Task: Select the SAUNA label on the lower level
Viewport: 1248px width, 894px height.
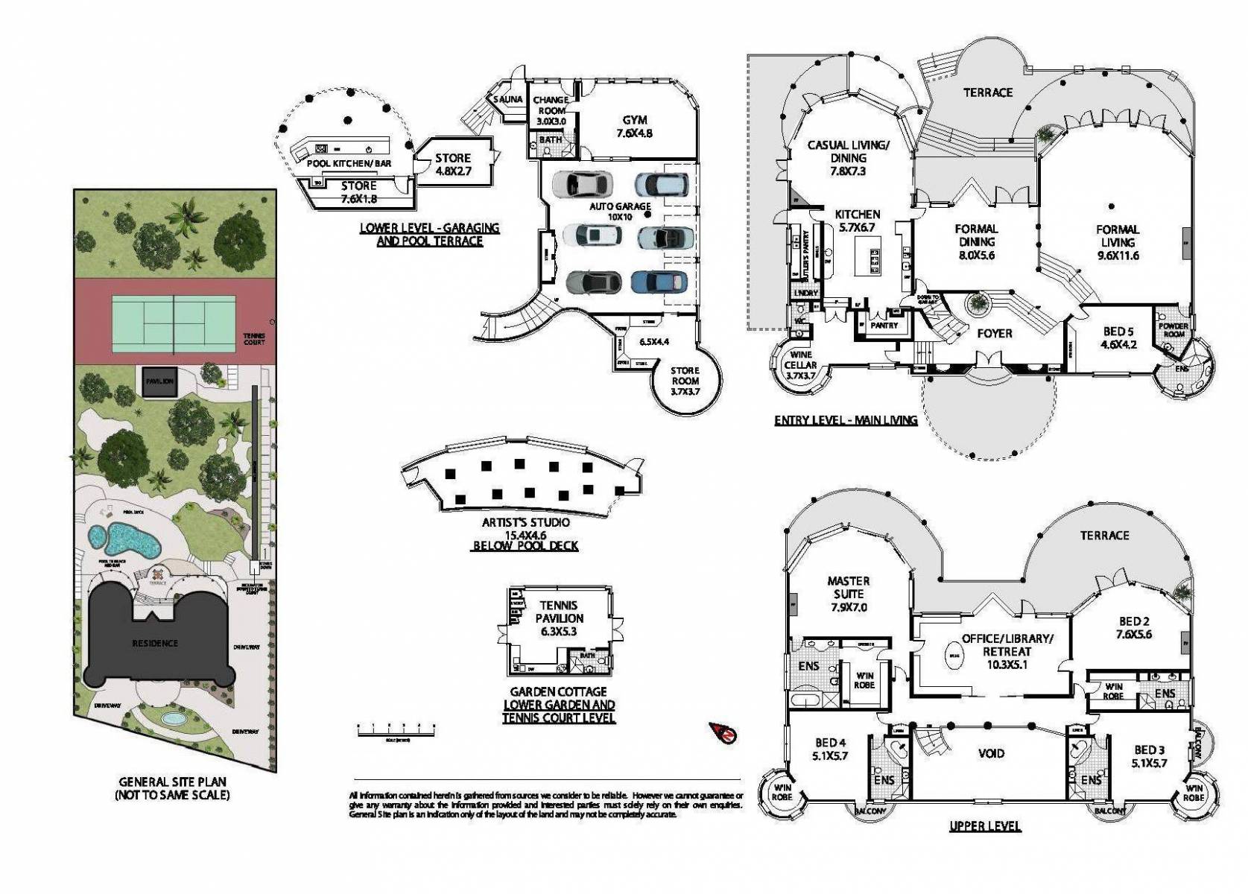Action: [x=508, y=99]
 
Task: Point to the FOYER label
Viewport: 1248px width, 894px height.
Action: [x=994, y=333]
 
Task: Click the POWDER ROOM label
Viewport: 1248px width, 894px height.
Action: [x=1173, y=329]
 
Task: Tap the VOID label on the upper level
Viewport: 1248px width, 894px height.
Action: [x=991, y=753]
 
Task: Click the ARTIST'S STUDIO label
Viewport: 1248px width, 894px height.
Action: [x=525, y=522]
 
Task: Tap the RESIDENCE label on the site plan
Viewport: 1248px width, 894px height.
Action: [x=155, y=643]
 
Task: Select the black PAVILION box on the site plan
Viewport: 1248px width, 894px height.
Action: [x=159, y=381]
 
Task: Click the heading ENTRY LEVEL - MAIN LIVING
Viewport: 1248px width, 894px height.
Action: [x=845, y=420]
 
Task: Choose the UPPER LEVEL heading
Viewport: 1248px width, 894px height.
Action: [x=984, y=825]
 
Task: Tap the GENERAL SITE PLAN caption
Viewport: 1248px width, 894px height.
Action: [x=172, y=788]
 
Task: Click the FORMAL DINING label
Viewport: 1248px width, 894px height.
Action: [x=976, y=241]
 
